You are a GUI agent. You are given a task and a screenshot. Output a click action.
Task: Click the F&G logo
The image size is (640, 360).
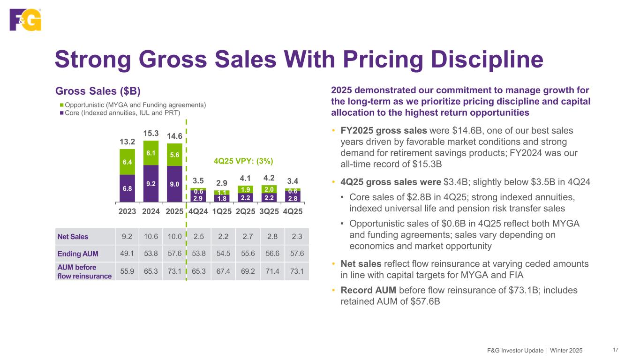(x=25, y=20)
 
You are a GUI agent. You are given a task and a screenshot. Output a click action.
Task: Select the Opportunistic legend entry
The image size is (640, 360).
(x=135, y=104)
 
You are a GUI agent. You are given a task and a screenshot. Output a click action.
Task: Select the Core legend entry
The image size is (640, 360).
(x=122, y=112)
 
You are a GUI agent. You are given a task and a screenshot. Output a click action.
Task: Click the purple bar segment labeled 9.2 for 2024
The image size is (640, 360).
(x=151, y=184)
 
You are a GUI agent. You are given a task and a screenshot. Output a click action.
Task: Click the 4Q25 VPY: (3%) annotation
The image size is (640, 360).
(x=243, y=160)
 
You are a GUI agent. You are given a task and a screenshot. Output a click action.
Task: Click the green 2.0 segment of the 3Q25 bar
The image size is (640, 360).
(x=269, y=189)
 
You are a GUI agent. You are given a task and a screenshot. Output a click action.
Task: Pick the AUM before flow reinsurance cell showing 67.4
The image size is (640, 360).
(x=221, y=271)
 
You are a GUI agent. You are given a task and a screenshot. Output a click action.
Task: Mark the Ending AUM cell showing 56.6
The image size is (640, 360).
(x=269, y=254)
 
